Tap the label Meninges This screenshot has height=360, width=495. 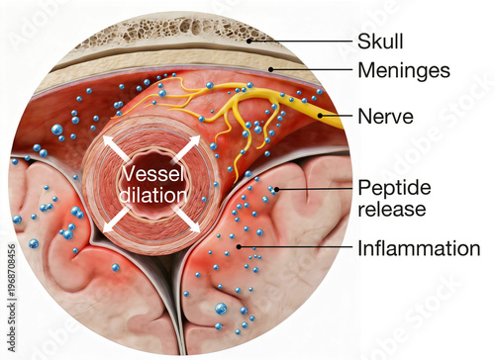coord(403,71)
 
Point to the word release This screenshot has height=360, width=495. coord(391,209)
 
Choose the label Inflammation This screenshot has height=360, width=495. coord(418,248)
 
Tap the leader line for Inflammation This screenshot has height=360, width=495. coord(297,247)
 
